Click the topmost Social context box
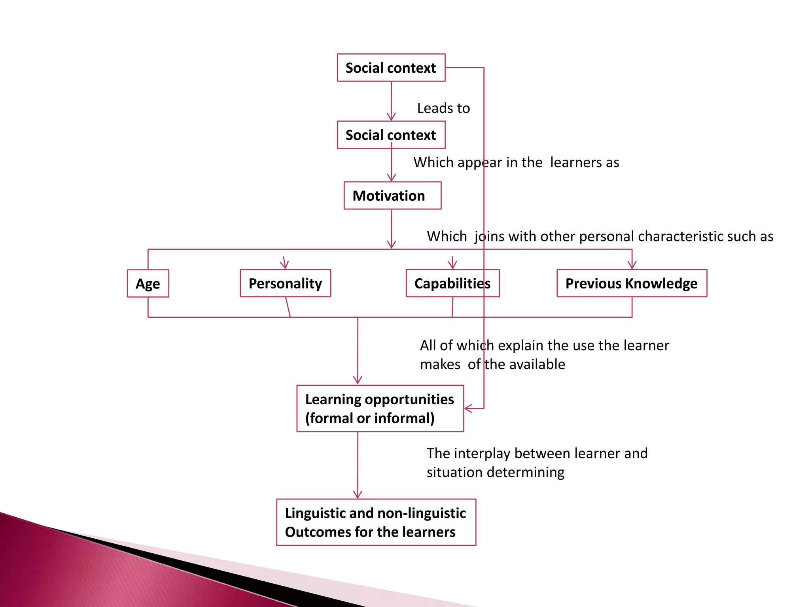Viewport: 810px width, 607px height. click(391, 68)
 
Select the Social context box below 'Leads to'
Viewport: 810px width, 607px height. click(391, 135)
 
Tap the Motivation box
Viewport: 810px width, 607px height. click(392, 196)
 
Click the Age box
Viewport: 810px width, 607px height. click(148, 283)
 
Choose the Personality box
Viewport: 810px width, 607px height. click(285, 283)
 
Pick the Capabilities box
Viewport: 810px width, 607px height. click(452, 283)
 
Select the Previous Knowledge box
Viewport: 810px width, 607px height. click(632, 283)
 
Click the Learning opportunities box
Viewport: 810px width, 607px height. click(380, 409)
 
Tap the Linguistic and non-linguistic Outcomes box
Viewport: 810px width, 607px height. click(376, 522)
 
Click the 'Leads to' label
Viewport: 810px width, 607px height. click(443, 108)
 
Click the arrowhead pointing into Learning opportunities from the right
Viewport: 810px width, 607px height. click(468, 409)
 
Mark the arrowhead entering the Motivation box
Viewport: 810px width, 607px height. click(392, 178)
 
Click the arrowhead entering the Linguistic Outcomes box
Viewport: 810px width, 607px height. click(358, 495)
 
